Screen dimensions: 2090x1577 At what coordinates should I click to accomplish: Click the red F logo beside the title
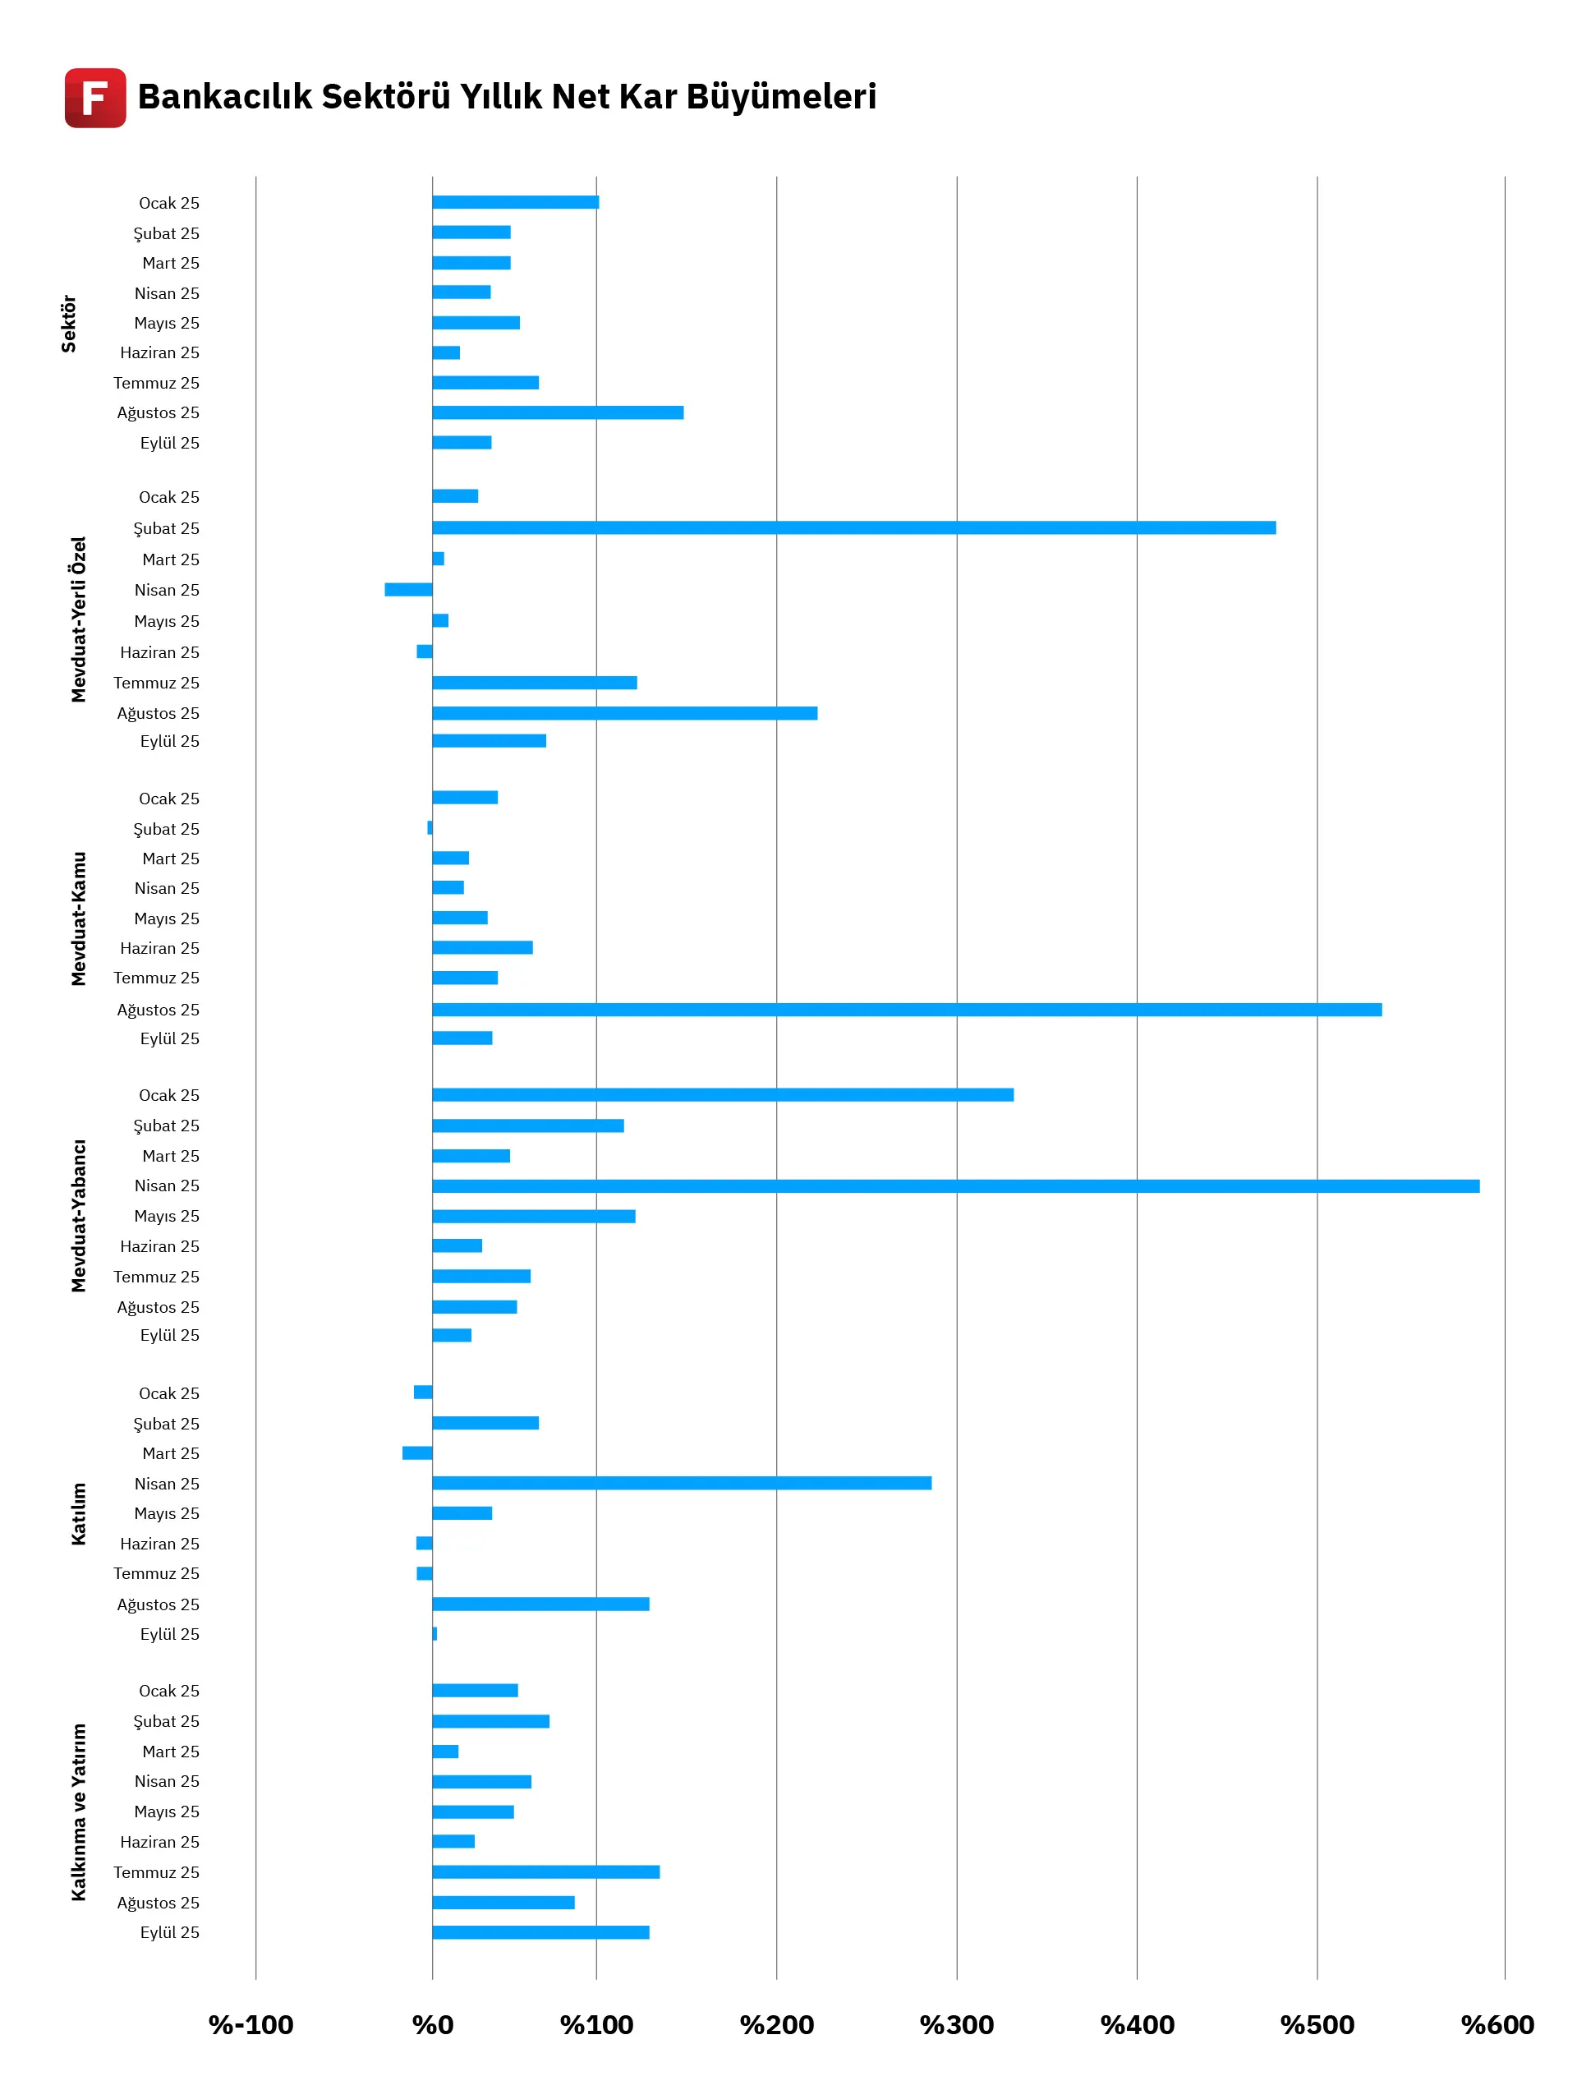94,97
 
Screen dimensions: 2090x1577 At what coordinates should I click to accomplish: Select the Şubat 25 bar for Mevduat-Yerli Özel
853,527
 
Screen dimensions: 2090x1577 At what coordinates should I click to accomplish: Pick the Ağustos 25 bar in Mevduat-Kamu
906,1009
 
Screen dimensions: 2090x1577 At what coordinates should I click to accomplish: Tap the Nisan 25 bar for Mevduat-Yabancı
955,1185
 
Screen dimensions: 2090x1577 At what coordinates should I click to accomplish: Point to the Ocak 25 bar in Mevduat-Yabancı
723,1094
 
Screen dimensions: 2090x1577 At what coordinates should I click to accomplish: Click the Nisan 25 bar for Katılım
681,1482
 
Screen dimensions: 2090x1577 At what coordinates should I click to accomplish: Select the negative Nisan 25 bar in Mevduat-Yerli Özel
408,590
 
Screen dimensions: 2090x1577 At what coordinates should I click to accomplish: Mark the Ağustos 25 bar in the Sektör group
558,412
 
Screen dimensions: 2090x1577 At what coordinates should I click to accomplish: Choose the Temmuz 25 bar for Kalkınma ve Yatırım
545,1871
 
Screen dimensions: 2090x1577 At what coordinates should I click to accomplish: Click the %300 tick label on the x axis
956,2025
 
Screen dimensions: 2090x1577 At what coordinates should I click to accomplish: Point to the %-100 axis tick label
251,2025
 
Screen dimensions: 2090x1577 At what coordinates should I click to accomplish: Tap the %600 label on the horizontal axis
1497,2025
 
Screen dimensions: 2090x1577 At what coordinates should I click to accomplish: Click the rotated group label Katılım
78,1513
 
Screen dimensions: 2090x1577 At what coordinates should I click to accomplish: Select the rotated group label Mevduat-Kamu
78,918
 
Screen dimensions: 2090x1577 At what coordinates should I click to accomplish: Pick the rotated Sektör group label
68,323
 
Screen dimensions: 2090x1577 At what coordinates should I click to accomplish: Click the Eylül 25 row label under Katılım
169,1634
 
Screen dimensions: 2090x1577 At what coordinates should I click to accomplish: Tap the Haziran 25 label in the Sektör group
159,352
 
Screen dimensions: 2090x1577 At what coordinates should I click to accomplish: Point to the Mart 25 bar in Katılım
416,1452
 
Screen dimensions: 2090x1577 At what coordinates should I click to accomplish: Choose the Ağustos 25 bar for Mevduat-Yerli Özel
624,712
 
